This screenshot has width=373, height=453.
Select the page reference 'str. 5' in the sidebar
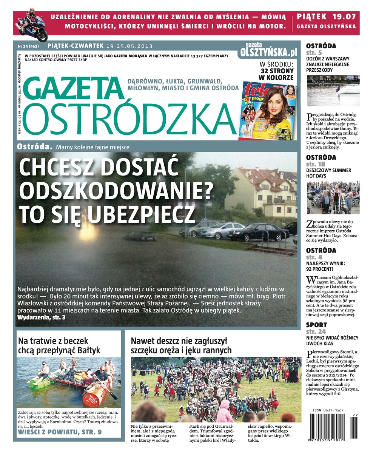(x=314, y=52)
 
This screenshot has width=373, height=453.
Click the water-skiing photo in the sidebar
(x=333, y=91)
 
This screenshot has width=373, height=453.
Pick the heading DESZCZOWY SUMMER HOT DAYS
(x=328, y=173)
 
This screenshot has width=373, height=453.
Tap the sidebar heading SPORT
(x=316, y=325)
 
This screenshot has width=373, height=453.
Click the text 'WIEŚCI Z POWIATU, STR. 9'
(x=60, y=431)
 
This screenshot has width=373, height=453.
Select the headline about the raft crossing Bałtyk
(x=59, y=345)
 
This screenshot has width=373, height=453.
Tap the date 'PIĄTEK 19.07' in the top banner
(x=326, y=17)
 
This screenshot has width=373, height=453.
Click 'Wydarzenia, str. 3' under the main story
(x=42, y=317)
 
